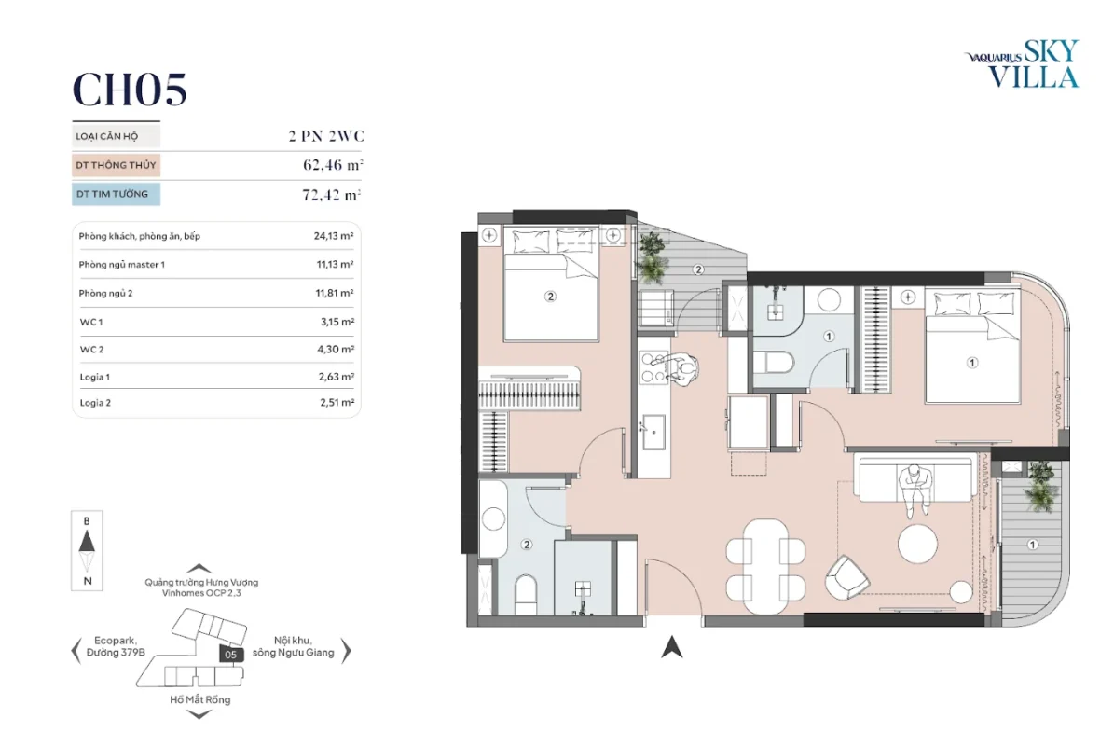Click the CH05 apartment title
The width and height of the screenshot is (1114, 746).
click(x=130, y=90)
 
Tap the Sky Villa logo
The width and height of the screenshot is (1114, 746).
click(x=1022, y=64)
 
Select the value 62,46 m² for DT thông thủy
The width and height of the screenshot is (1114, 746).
click(x=333, y=165)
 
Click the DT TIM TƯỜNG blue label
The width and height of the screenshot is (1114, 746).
click(x=116, y=194)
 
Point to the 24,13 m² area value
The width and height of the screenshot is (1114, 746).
click(x=333, y=236)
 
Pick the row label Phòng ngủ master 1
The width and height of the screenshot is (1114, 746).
click(x=121, y=264)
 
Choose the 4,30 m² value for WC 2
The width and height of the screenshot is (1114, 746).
click(x=337, y=350)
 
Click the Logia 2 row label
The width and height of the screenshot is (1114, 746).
click(x=95, y=403)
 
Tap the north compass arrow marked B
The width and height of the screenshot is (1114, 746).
click(x=87, y=543)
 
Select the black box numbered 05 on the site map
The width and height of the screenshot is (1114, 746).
click(x=230, y=655)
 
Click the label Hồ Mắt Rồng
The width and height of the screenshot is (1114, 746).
click(x=199, y=699)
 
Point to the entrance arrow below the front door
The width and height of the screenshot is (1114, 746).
click(x=672, y=646)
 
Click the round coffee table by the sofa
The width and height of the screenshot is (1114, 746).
click(x=917, y=545)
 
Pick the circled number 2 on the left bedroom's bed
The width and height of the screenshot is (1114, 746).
click(x=550, y=297)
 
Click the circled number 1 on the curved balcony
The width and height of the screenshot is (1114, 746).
click(x=1032, y=545)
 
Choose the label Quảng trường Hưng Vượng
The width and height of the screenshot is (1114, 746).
click(x=201, y=583)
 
